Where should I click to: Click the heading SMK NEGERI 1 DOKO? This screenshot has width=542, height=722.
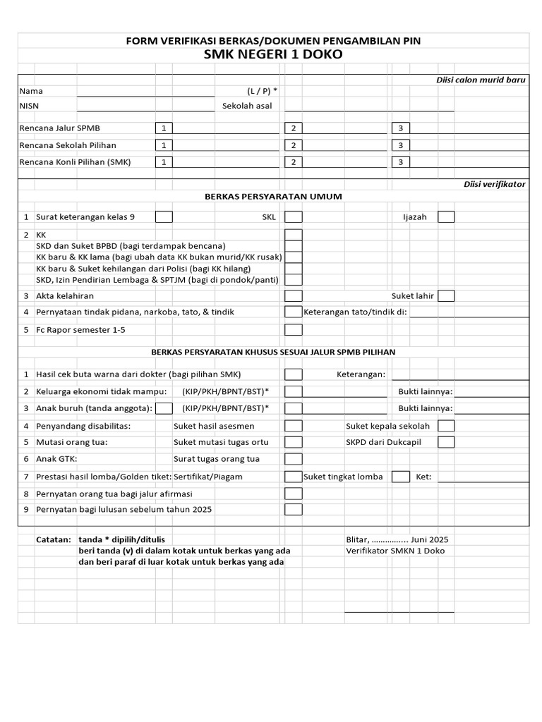point(273,54)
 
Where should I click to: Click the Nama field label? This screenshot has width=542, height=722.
point(31,91)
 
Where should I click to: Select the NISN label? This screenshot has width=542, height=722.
point(30,106)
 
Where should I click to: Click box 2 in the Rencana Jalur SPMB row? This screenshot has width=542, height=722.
point(293,128)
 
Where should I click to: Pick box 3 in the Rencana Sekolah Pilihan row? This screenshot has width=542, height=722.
point(400,145)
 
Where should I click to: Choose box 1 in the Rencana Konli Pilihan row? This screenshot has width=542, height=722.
point(164,161)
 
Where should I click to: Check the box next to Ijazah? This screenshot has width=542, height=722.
point(446,217)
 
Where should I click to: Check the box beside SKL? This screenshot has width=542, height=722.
point(294,217)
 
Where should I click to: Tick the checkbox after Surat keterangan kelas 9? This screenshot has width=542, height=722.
point(164,217)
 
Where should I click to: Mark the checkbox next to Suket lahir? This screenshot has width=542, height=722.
point(446,296)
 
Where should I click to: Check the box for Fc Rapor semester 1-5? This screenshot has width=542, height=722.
point(294,329)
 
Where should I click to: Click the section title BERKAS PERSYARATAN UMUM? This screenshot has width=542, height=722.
point(273,196)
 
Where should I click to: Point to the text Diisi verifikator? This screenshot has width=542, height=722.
point(494,184)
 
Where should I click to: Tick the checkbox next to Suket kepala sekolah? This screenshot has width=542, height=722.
point(446,426)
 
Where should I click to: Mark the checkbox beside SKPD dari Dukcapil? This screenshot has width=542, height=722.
point(446,442)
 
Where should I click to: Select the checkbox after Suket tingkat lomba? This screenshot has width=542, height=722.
point(400,477)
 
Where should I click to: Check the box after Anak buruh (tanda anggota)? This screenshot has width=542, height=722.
point(164,408)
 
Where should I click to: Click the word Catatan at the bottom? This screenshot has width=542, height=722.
point(54,539)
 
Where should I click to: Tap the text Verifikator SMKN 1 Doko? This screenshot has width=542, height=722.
point(395,551)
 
